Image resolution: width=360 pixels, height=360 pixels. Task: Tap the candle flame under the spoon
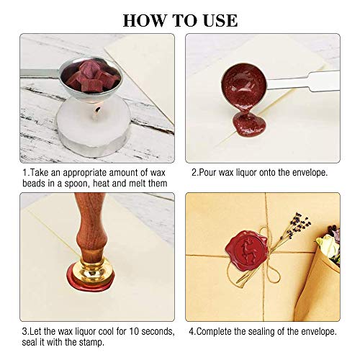(x=97, y=110)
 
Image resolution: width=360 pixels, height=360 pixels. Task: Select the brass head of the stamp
(x=92, y=271)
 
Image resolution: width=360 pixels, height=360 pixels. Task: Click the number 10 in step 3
(x=134, y=332)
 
